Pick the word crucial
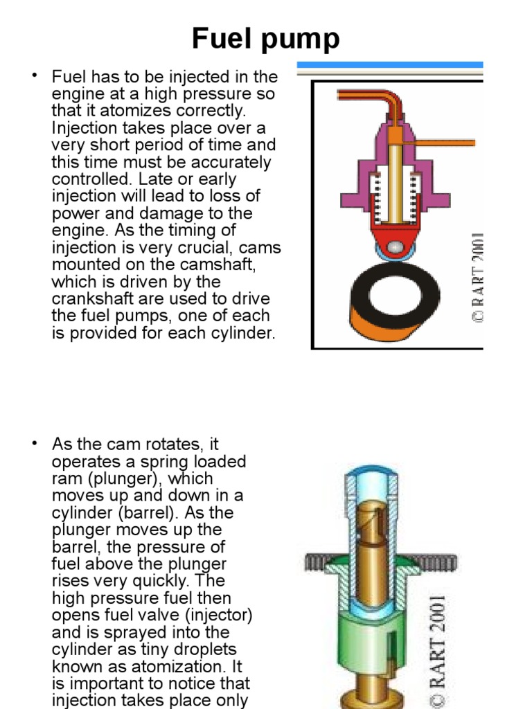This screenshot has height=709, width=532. coord(200,247)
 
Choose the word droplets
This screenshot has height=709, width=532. coord(204,649)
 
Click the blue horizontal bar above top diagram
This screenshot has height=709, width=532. coord(389,64)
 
